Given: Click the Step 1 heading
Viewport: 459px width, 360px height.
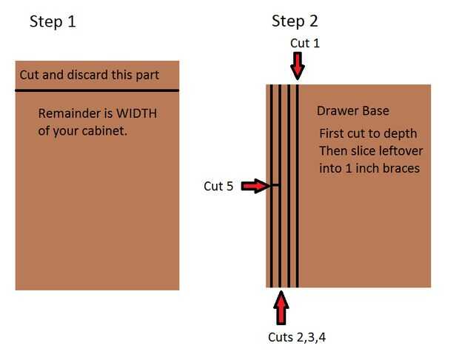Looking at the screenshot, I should tap(53, 21).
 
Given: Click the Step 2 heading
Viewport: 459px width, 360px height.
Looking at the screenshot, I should tap(295, 21).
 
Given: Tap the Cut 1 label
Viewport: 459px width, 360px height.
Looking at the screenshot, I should tap(305, 44).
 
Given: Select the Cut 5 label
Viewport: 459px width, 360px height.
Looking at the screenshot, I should tap(218, 187).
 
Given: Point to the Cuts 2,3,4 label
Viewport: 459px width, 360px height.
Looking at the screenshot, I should tap(297, 338).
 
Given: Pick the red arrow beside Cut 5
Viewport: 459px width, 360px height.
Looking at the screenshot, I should tap(254, 186).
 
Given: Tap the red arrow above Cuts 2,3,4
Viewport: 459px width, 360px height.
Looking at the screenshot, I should tap(281, 307).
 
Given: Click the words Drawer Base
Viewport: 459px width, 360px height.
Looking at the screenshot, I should tap(353, 111).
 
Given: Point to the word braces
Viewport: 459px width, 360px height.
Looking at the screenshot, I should tap(400, 168).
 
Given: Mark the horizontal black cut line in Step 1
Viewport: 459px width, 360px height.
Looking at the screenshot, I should tap(97, 90).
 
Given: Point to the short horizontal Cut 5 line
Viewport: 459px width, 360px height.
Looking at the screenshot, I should tap(274, 185).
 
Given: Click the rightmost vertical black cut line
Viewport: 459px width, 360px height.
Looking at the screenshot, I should tap(297, 185).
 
